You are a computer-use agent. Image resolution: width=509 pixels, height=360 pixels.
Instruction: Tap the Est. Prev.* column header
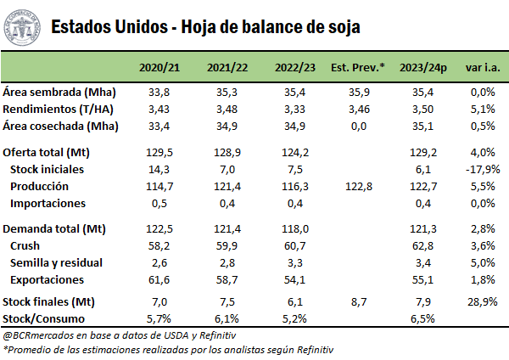click(357, 67)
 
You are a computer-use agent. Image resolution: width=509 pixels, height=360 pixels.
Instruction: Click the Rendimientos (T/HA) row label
click(59, 109)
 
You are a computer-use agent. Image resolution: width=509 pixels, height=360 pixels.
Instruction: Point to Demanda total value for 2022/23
click(291, 229)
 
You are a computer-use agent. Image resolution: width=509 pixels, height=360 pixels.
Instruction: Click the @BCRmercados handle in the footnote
click(39, 335)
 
